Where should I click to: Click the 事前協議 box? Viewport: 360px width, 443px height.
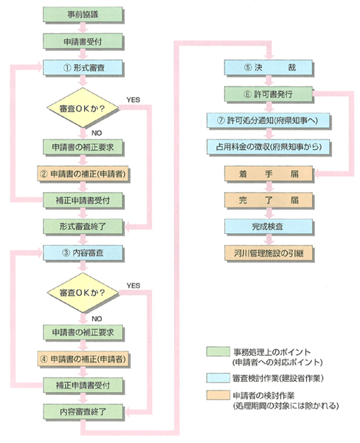(83, 15)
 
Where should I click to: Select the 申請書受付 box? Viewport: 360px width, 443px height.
(83, 41)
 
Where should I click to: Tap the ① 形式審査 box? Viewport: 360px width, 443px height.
(83, 67)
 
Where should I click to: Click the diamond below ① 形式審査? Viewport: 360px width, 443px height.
(83, 108)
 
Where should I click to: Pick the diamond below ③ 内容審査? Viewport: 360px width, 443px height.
(83, 292)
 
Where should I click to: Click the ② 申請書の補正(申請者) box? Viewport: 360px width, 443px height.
(83, 174)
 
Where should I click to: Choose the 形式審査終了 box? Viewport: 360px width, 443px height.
(83, 227)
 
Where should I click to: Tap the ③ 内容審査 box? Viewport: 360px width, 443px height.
(83, 253)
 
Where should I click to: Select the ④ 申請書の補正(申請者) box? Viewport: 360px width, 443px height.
(83, 359)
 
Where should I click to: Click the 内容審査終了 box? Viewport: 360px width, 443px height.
(83, 412)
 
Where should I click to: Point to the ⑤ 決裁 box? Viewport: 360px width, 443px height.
(269, 67)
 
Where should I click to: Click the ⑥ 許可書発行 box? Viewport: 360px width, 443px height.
(269, 94)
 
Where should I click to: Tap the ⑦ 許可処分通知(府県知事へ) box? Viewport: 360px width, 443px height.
(268, 120)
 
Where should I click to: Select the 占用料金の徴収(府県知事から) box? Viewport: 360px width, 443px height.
(268, 147)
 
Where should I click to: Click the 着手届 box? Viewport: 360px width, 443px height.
(269, 174)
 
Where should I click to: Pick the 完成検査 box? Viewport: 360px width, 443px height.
(269, 227)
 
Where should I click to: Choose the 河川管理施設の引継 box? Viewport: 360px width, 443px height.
(269, 253)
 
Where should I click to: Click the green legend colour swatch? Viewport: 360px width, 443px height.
(218, 351)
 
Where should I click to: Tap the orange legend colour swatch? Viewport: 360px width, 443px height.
(218, 395)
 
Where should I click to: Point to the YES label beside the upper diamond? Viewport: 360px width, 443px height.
(134, 100)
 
